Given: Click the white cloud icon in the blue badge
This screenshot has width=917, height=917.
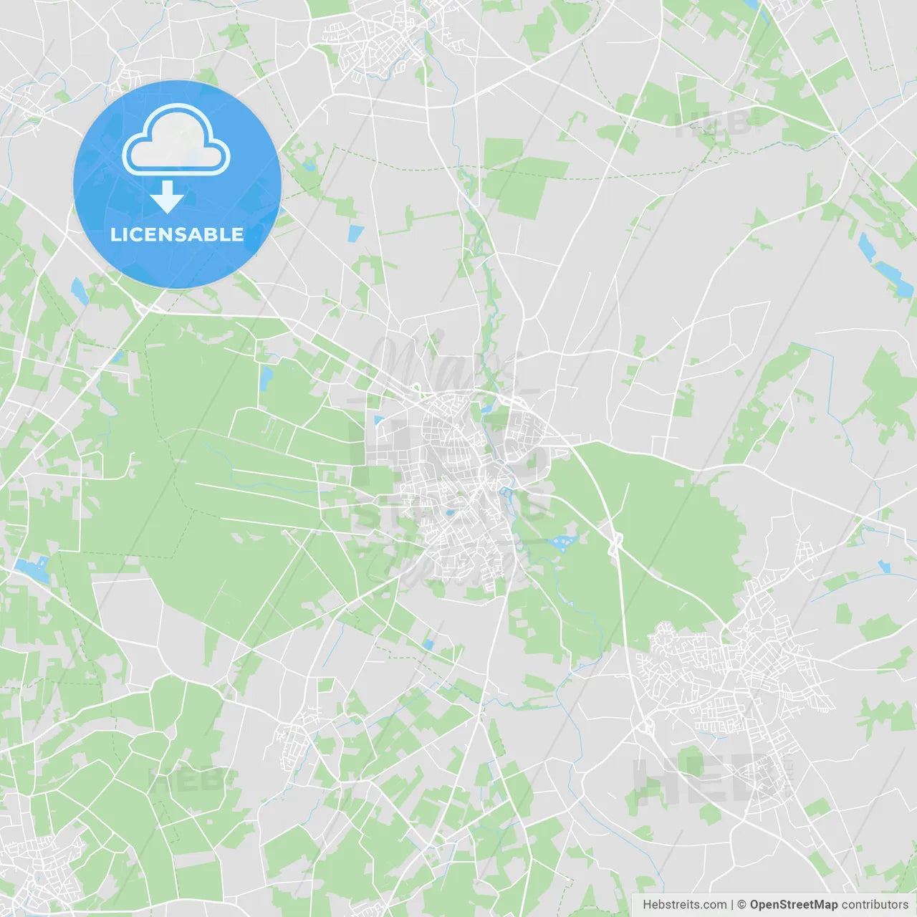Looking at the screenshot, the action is pos(176,141).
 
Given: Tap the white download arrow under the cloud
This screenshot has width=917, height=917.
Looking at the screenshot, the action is pos(167,196).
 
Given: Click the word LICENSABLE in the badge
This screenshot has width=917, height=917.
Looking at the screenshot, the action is pos(177,234).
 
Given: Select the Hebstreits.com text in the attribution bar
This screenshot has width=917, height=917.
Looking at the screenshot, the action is pos(684,905).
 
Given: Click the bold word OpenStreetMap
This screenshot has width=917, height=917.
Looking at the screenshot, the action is pos(793,905).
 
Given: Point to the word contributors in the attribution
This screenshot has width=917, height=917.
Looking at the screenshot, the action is pos(875,905).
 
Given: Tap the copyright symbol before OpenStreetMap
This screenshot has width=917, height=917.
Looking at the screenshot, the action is pos(742,905).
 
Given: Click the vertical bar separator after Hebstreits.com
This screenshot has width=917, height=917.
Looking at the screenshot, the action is pos(732,905).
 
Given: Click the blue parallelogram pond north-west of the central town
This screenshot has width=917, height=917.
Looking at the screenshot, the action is pos(355,234).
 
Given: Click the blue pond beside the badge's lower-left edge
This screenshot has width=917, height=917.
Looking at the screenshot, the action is pos(78,289).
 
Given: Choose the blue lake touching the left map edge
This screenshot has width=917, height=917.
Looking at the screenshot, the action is pos(32,570).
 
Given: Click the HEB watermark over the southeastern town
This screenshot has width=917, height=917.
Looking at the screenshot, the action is pos(709,779).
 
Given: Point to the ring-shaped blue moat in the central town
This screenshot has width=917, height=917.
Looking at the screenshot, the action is pos(508,492).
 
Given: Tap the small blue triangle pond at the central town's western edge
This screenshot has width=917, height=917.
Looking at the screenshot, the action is pos(378,420).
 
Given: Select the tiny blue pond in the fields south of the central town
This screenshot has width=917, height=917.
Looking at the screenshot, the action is pos(428,645).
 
